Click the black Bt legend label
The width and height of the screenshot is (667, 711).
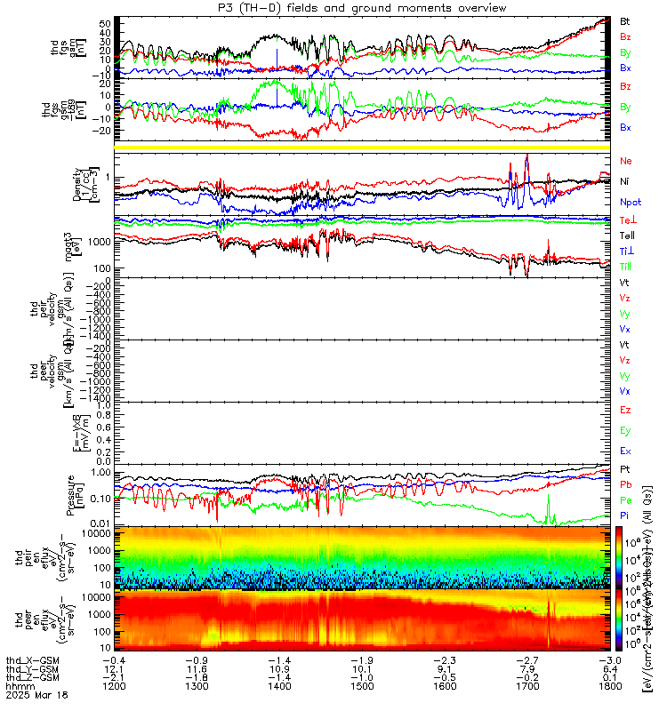click(x=625, y=20)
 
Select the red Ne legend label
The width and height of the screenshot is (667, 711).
click(x=625, y=161)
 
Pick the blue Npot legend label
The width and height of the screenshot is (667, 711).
click(x=630, y=202)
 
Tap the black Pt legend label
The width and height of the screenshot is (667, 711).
click(x=625, y=468)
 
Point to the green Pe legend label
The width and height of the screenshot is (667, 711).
click(x=625, y=500)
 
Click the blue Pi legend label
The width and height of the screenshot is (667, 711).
click(x=625, y=516)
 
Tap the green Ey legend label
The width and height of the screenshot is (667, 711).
click(x=625, y=431)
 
